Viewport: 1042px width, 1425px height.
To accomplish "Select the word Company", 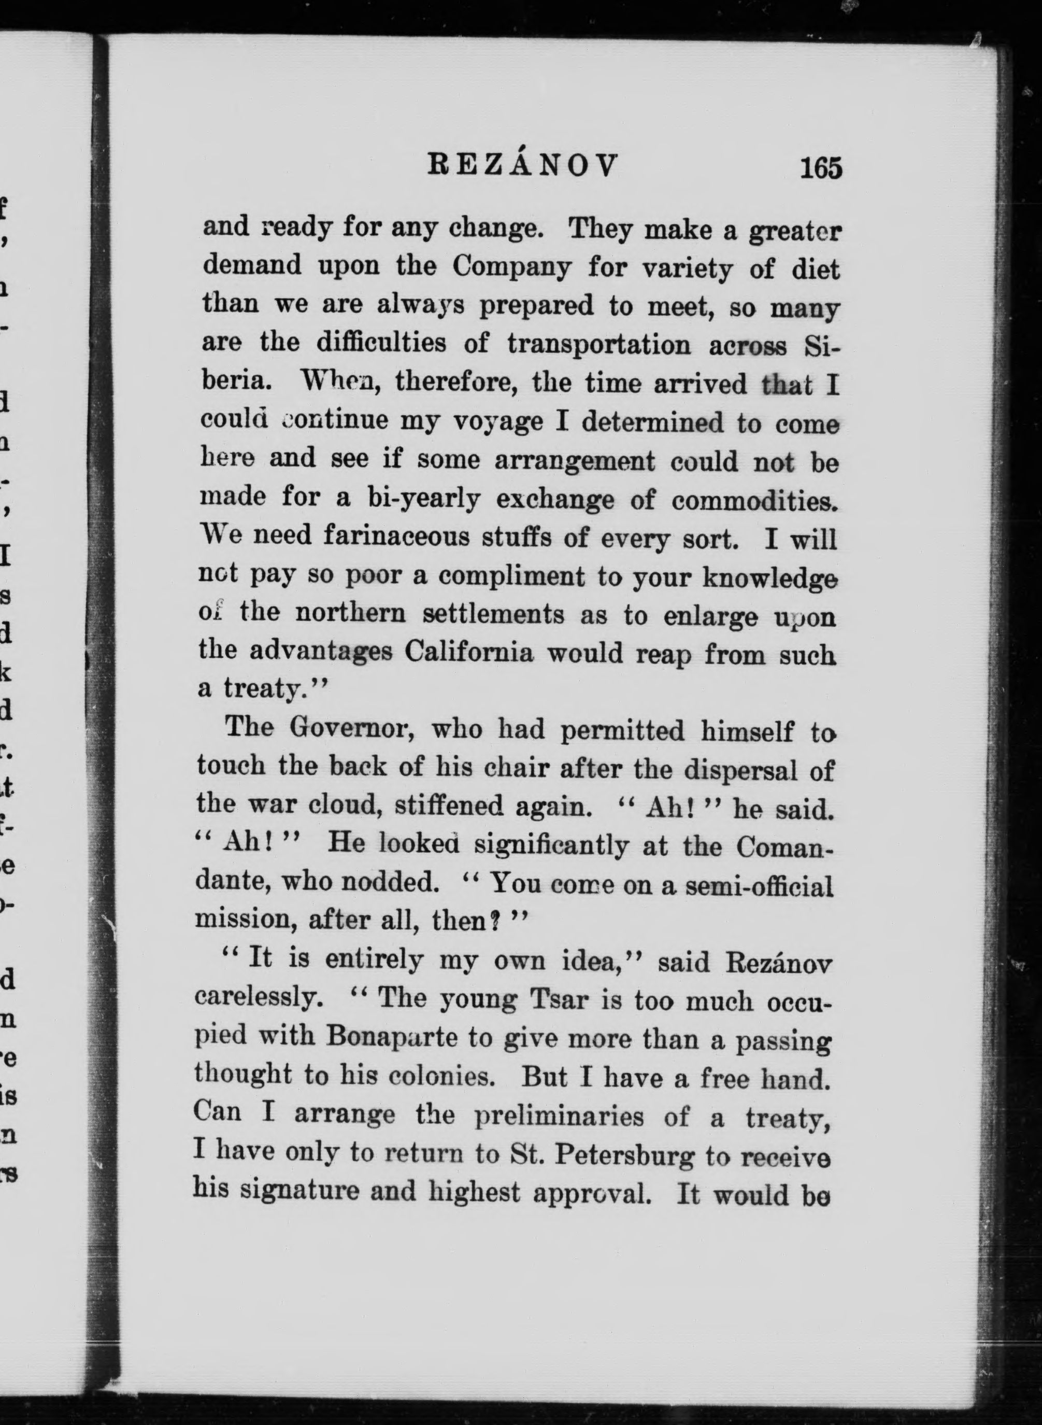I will coord(511,268).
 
